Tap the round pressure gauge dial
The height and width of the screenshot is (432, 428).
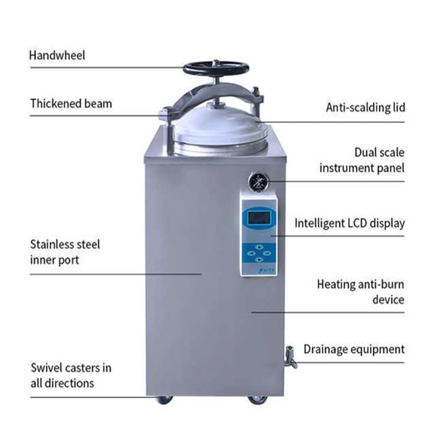tap(258, 182)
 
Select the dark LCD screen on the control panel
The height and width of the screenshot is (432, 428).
tap(258, 218)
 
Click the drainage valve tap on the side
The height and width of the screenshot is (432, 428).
tap(291, 357)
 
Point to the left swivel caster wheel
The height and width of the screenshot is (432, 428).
tap(164, 400)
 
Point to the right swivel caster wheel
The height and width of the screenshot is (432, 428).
tap(257, 400)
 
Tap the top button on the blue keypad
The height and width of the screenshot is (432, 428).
tap(258, 247)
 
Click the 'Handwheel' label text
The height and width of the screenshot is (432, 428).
tap(57, 55)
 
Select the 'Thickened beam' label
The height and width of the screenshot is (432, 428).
tap(71, 104)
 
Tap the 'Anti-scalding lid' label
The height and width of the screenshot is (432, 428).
tap(365, 108)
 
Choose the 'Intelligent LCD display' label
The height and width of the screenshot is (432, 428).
tap(350, 223)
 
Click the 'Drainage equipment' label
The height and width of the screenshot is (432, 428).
tap(354, 349)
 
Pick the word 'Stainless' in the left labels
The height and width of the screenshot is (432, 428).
tap(51, 244)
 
